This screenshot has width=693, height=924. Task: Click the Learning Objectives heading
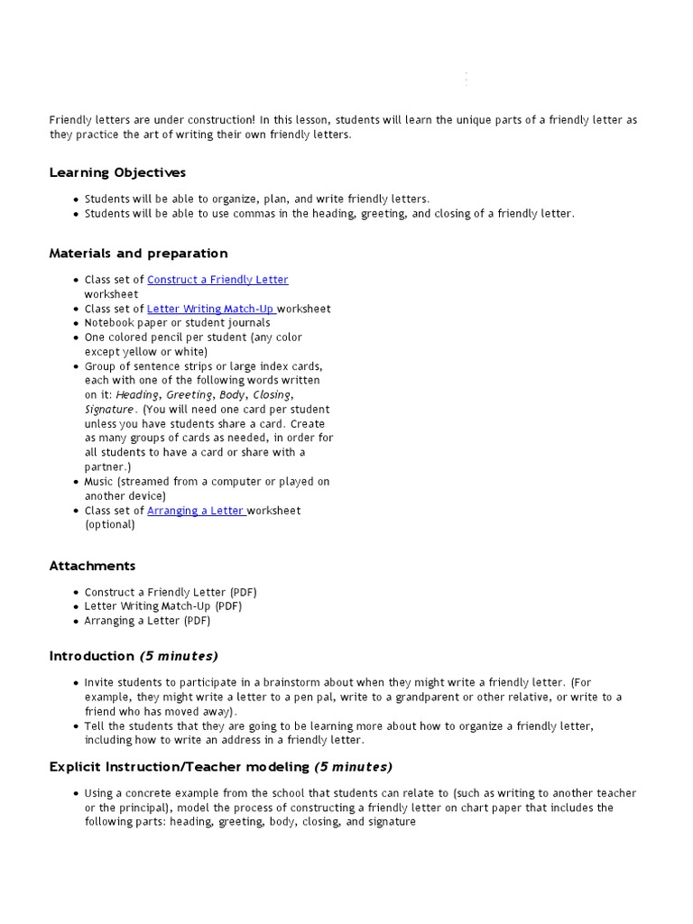[x=117, y=172]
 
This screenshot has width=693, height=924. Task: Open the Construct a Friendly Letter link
[x=217, y=280]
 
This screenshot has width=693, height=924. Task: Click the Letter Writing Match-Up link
[x=211, y=309]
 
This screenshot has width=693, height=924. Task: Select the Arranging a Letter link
[x=196, y=511]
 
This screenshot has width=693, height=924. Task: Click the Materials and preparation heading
[x=138, y=254]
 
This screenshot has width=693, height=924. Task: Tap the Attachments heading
[x=92, y=566]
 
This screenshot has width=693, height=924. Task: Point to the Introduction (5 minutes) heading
[x=134, y=656]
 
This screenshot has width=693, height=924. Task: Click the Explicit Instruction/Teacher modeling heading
[x=220, y=767]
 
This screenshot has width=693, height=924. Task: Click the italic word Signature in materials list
[x=108, y=410]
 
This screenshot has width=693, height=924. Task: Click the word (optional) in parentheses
[x=110, y=525]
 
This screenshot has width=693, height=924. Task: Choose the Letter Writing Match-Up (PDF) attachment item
[x=163, y=606]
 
